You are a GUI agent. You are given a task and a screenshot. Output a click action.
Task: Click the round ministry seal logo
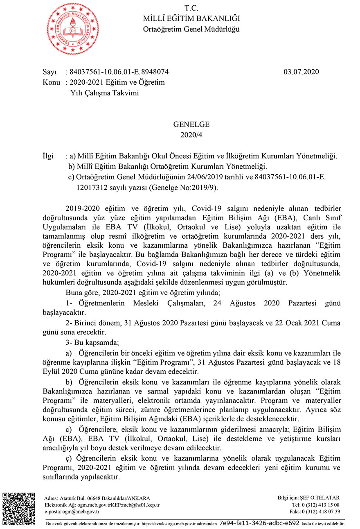[x=73, y=29]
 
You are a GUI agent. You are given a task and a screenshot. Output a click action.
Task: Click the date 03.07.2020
[x=301, y=72]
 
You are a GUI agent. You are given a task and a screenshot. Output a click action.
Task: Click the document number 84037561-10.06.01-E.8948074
[x=119, y=72]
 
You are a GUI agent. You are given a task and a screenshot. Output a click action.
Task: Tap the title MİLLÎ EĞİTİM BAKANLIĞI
[x=191, y=18]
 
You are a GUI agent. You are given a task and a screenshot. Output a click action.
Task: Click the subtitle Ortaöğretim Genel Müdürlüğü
[x=191, y=29]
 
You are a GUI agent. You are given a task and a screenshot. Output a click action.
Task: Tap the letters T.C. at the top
[x=191, y=8]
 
